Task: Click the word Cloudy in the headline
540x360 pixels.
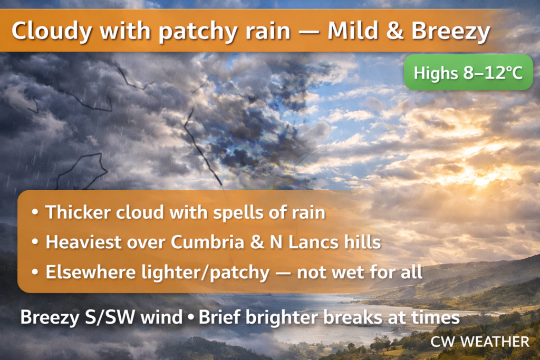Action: (52, 31)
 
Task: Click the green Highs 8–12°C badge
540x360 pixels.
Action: (468, 72)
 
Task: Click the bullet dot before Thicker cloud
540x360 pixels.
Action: (35, 212)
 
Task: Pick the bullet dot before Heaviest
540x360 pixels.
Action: (35, 242)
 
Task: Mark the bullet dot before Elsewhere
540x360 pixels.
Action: (35, 272)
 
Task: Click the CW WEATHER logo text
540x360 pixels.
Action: (480, 342)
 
